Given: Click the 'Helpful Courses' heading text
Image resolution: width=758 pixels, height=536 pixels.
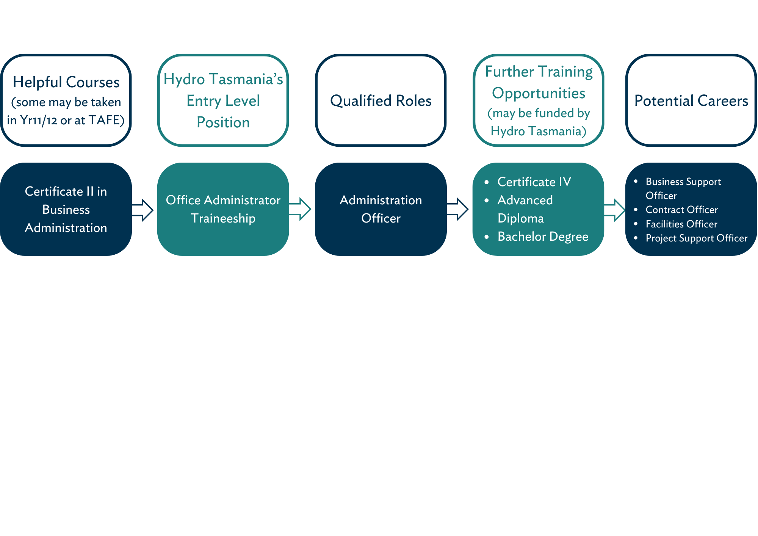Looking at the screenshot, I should [x=66, y=82].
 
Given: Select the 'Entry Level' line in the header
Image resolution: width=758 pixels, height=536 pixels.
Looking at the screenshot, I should [x=223, y=101].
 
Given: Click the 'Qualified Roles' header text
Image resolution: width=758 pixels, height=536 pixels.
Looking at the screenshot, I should [x=381, y=101].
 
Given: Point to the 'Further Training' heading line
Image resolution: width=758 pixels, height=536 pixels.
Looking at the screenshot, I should [x=539, y=72].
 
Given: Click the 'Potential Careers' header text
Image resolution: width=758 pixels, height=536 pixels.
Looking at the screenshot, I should [x=691, y=101].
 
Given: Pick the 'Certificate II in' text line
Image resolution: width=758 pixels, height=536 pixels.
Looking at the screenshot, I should [x=66, y=191].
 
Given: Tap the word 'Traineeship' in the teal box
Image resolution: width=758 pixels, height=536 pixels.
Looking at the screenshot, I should [x=223, y=218].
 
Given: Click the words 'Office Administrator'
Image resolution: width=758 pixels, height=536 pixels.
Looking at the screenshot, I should [x=223, y=200].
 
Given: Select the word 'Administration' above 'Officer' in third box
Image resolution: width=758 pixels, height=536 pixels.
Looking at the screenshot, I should [x=381, y=200].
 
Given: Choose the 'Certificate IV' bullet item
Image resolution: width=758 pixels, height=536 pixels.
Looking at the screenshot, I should [x=534, y=182].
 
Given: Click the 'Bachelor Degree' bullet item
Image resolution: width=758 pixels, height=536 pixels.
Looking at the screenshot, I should [x=543, y=237].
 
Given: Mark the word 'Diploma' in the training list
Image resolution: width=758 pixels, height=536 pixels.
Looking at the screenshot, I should [x=520, y=218].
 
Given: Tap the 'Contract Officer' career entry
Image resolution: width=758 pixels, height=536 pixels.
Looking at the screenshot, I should [x=681, y=210].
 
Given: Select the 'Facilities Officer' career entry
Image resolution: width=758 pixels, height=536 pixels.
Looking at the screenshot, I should [x=681, y=224].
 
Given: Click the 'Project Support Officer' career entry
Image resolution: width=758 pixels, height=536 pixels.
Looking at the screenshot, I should [x=696, y=238].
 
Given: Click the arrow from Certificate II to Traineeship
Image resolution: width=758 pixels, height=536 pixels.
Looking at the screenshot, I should [x=143, y=210].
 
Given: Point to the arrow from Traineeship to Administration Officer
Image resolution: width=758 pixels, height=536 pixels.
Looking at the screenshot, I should [x=300, y=209].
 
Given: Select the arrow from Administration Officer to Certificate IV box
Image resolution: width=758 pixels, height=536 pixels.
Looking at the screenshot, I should [x=458, y=209].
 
